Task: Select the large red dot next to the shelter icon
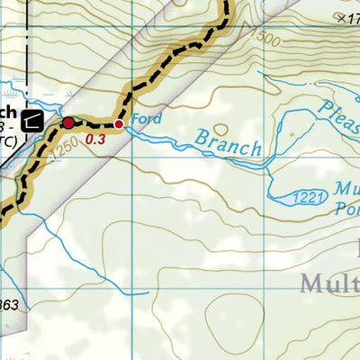[x=68, y=122]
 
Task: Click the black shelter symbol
[x=35, y=119]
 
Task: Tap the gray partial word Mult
[x=328, y=284]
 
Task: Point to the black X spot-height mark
[x=339, y=17]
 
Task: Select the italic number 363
[x=9, y=306]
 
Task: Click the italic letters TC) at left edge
[x=6, y=141]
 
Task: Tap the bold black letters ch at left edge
[x=7, y=112]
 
